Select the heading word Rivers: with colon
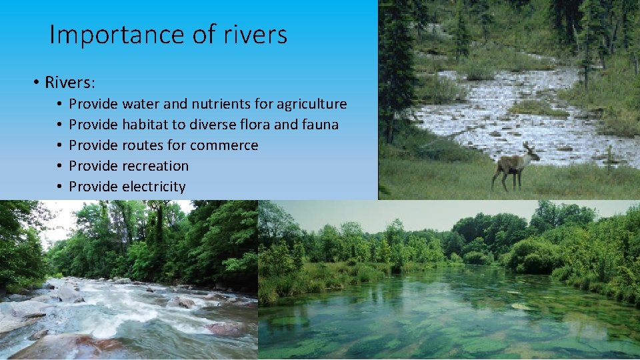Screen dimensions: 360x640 click(70, 83)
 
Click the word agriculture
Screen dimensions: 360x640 click(313, 104)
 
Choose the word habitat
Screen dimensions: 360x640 click(146, 125)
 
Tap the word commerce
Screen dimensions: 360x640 click(224, 145)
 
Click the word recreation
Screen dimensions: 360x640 click(155, 166)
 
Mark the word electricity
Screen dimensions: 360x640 click(153, 187)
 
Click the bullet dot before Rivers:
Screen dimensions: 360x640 click(35, 83)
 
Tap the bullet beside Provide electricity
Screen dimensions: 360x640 click(59, 187)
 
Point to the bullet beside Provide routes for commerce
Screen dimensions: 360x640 click(59, 146)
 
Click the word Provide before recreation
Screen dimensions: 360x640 click(93, 166)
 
